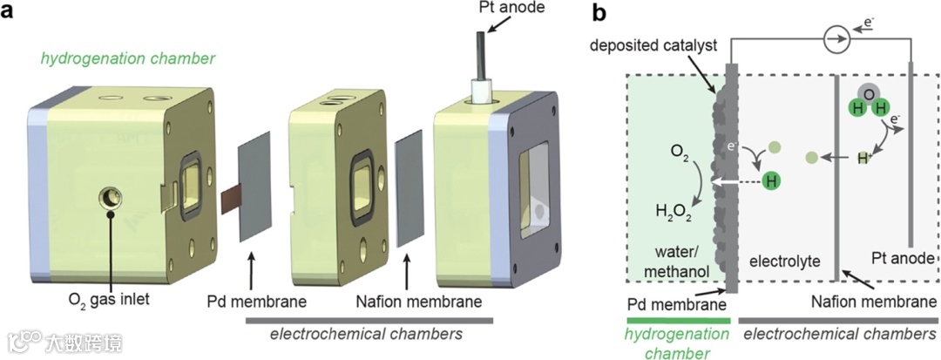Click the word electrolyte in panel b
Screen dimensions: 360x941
point(779,261)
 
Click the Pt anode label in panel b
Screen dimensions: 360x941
point(904,259)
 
